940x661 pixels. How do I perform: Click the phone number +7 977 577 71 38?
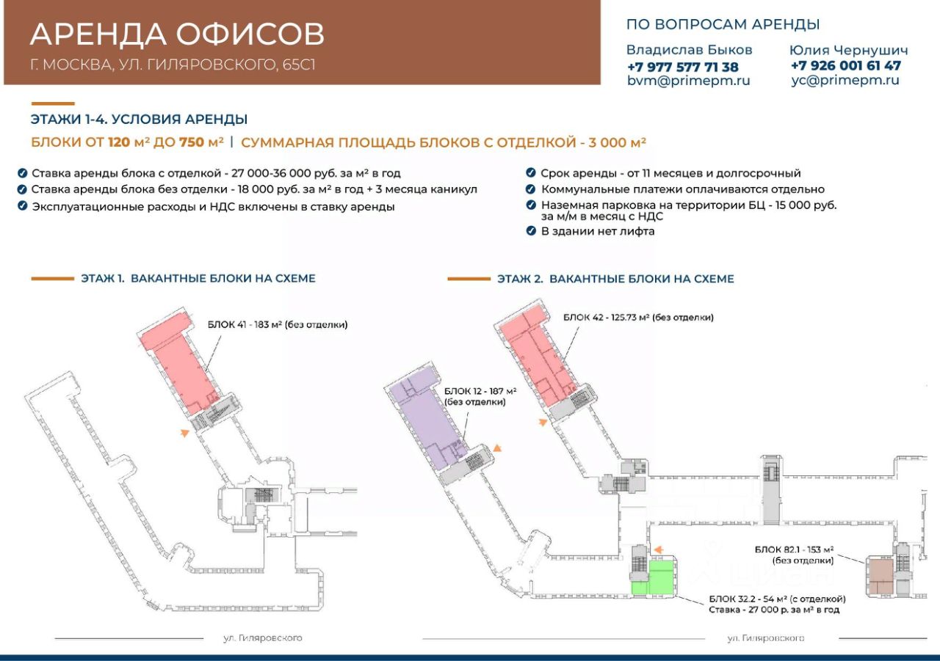682,67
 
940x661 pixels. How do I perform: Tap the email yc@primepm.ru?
845,81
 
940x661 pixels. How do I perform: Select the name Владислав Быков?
689,50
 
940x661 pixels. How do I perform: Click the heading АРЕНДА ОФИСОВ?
177,34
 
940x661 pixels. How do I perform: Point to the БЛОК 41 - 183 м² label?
277,324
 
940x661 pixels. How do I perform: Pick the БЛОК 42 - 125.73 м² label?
637,317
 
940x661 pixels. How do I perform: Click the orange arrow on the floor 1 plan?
184,433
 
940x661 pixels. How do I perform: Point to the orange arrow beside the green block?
658,548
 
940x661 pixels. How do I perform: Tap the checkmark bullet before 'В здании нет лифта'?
531,231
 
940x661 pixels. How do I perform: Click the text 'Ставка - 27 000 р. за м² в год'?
773,610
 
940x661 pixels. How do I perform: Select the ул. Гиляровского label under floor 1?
263,638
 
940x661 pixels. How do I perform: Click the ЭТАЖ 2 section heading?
615,279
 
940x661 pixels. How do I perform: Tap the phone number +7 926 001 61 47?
845,65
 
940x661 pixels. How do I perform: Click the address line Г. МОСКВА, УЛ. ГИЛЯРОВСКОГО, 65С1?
173,65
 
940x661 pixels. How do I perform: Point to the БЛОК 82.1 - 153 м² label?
794,549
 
